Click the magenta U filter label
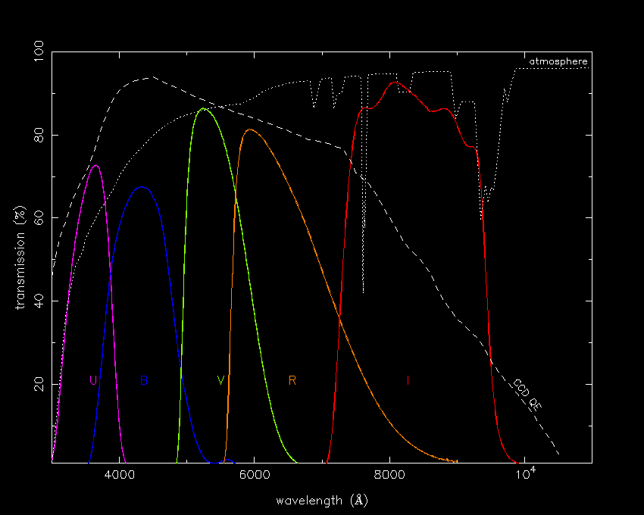tap(93, 380)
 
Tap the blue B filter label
tap(144, 380)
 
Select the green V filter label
tap(220, 380)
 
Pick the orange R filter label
tap(292, 380)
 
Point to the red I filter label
tap(408, 380)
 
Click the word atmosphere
tap(558, 61)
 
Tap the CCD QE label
tap(527, 395)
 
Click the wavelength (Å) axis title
tap(322, 501)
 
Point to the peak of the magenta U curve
tap(95, 165)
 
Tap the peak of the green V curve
tap(202, 108)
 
